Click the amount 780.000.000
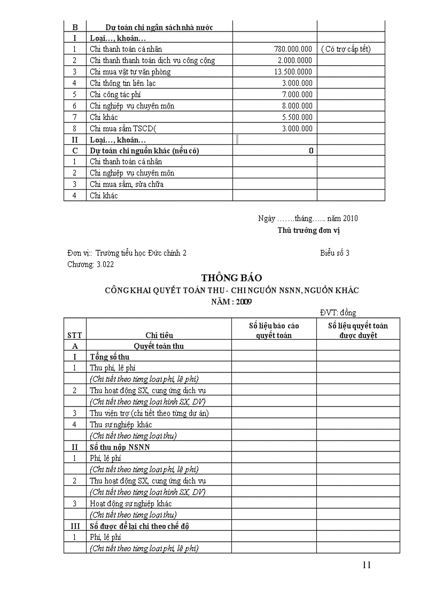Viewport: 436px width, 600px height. pos(293,49)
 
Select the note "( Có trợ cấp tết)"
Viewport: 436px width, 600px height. pos(346,49)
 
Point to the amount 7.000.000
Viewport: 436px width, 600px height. pos(297,95)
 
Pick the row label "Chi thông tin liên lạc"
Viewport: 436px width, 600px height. pos(123,83)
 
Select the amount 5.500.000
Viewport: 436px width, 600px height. pos(297,117)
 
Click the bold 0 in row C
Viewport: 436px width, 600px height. pos(311,151)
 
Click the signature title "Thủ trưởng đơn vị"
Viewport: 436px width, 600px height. pos(308,230)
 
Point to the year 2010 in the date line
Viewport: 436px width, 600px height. pos(351,218)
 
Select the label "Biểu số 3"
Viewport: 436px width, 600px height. pos(335,253)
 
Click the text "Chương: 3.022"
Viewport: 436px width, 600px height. pos(90,264)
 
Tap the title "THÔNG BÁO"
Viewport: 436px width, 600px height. pos(224,278)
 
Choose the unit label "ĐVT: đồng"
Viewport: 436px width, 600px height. pos(338,313)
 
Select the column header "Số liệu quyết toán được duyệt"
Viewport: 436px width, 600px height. pos(351,330)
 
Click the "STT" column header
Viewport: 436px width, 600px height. pos(75,335)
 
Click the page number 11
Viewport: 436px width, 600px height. pos(366,565)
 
